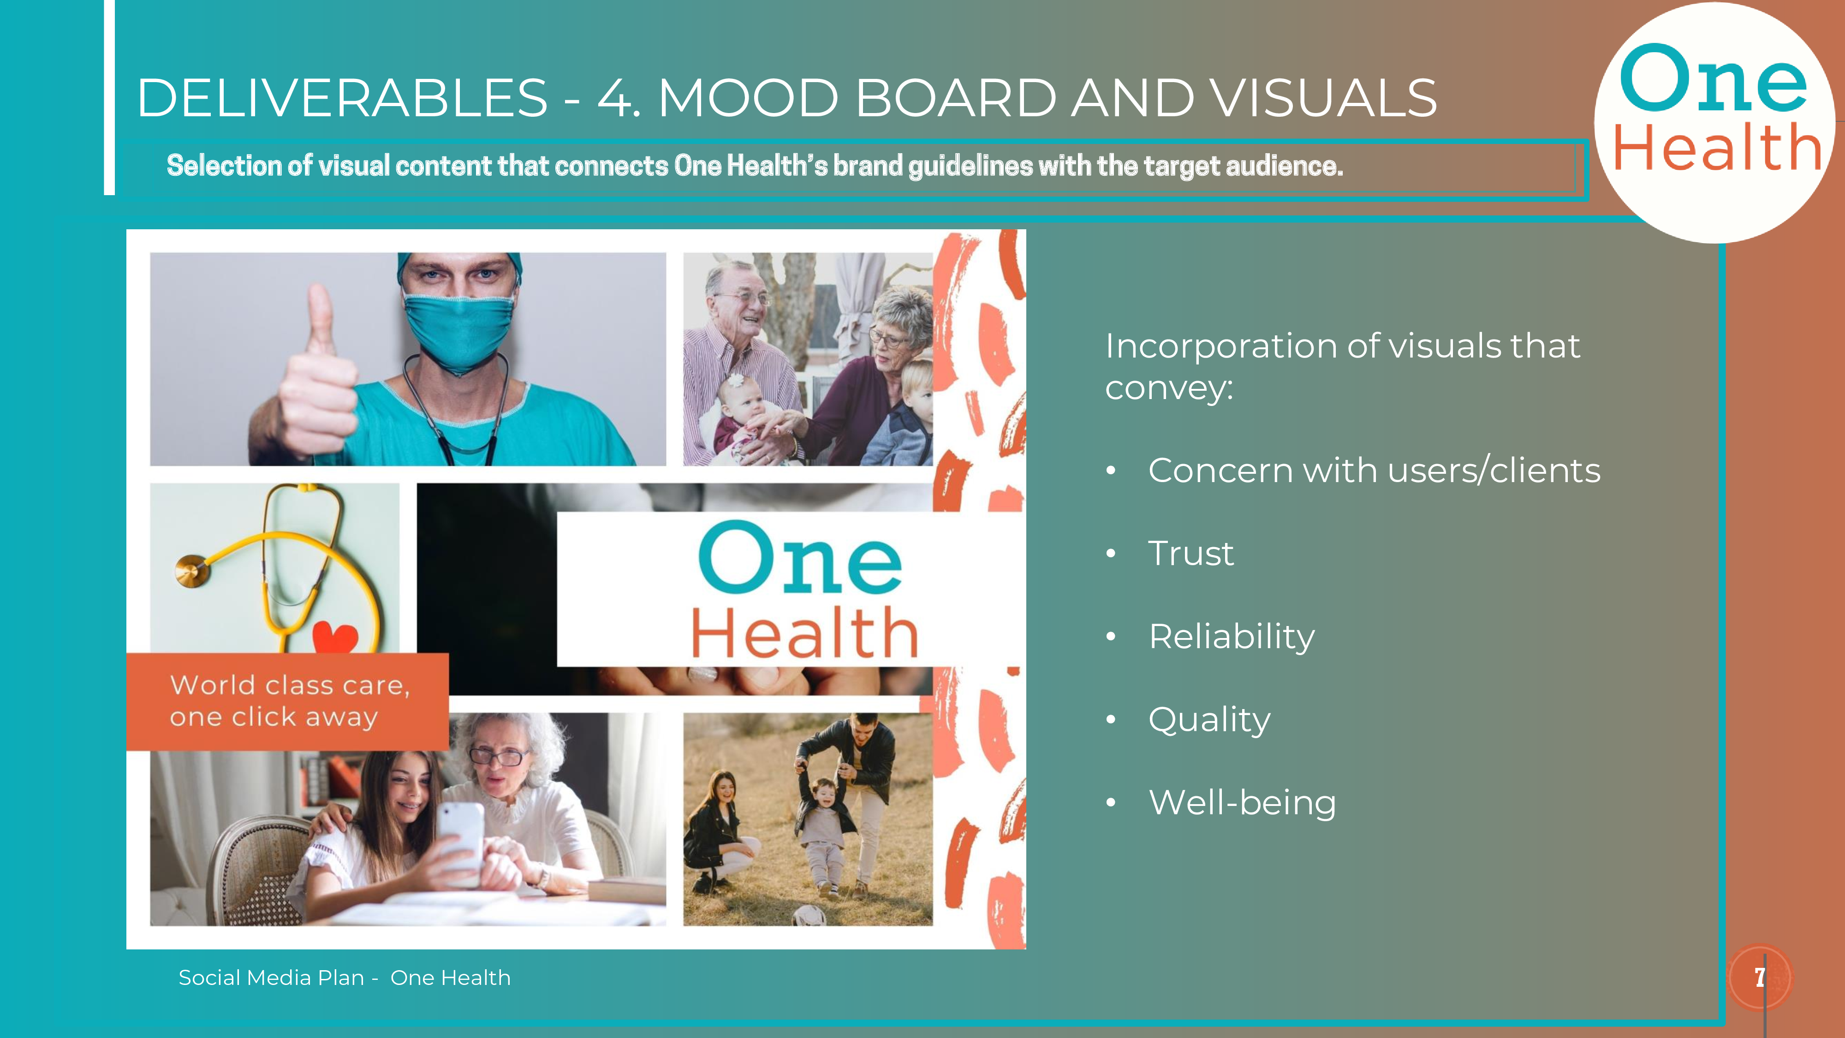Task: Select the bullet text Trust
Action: pos(1191,553)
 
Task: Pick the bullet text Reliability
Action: pos(1232,637)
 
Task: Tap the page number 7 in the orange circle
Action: pos(1760,977)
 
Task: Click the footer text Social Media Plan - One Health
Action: pos(345,978)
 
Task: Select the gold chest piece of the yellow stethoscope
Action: pos(192,571)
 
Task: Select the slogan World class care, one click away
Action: pos(289,701)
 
